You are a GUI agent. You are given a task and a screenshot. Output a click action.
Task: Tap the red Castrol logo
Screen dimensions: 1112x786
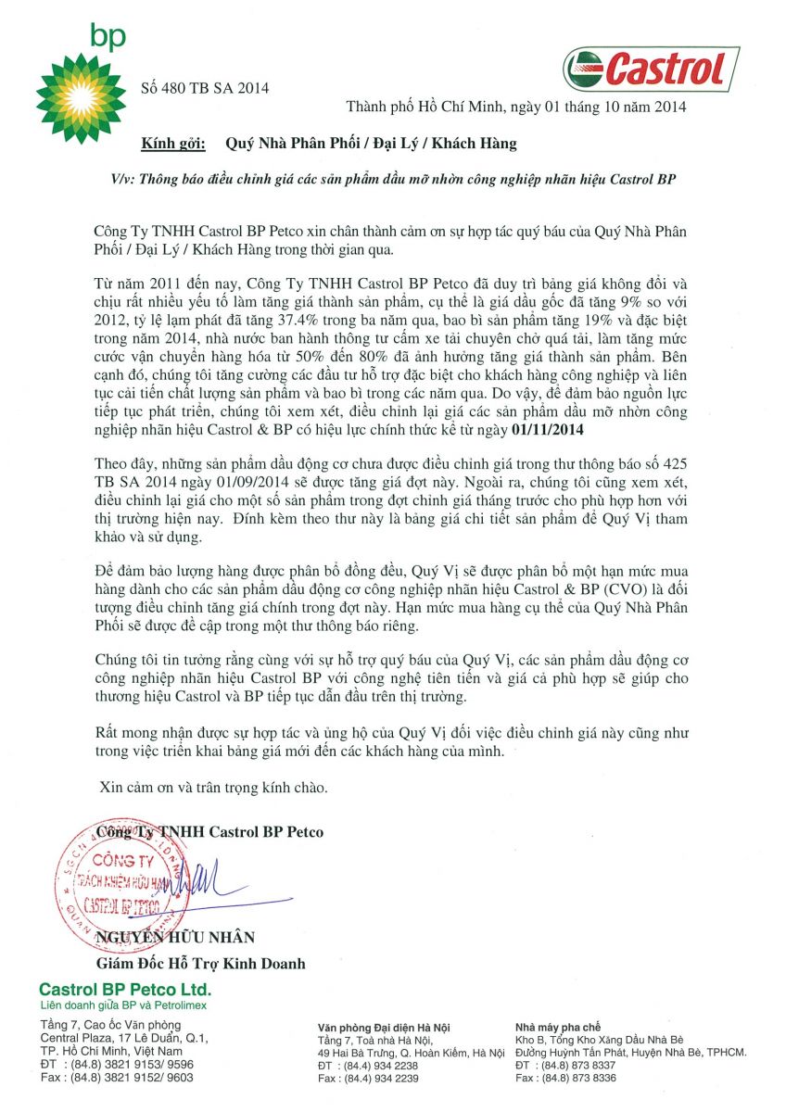click(651, 69)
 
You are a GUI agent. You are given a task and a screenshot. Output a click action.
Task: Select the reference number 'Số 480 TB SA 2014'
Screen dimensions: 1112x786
click(204, 88)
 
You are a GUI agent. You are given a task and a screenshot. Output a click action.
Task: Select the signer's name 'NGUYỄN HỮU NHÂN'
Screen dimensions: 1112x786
click(176, 938)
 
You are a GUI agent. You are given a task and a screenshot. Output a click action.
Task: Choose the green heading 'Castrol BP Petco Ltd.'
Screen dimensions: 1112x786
click(124, 989)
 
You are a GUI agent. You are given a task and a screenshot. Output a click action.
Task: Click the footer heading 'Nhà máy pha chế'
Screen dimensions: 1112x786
click(557, 1028)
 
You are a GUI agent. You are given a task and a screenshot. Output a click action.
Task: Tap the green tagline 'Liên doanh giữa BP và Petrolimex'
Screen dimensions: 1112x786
click(123, 1005)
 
